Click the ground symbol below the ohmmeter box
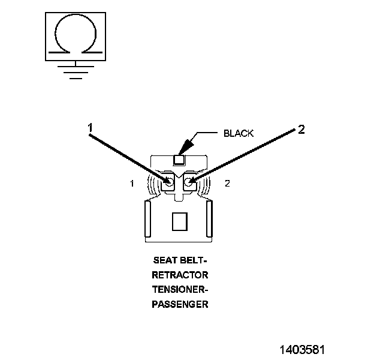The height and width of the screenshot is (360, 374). (74, 70)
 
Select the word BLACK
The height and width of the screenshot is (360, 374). (239, 133)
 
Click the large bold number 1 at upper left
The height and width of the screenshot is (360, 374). (90, 128)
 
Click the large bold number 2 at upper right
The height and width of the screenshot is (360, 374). (301, 130)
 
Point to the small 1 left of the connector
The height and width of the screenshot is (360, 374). (132, 184)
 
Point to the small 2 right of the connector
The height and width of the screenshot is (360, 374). (227, 184)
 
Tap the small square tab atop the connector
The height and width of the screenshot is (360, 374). (179, 160)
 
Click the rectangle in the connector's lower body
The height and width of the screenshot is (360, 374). (179, 222)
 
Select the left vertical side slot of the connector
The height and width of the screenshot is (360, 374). (147, 220)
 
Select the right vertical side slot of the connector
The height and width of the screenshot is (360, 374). (209, 220)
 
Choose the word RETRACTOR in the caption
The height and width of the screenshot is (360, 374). (180, 276)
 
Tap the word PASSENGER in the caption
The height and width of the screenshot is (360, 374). (180, 305)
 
